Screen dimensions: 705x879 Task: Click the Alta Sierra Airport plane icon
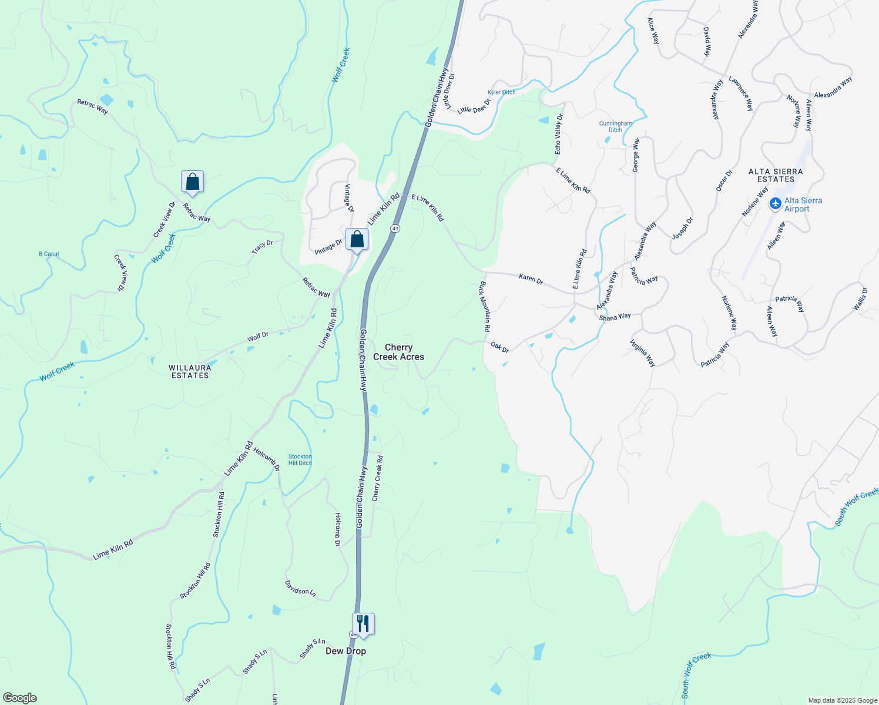tap(776, 204)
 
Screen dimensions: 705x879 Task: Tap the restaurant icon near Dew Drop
tap(363, 624)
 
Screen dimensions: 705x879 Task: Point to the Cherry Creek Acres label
tap(398, 352)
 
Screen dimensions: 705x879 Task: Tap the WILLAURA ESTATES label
tap(190, 371)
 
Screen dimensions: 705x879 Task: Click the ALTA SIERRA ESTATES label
tap(776, 175)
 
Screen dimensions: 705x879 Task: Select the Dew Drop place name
tap(345, 651)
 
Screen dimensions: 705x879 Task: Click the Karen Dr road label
tap(531, 278)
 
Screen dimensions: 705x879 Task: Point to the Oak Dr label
tap(499, 347)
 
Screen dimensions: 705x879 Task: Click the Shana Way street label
tap(615, 317)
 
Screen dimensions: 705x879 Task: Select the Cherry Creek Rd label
tap(377, 478)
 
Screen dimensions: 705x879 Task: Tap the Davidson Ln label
tap(300, 588)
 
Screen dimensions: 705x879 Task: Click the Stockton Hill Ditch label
tap(300, 459)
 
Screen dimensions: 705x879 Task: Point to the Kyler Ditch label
tap(501, 92)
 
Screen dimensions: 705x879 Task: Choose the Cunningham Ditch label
tap(615, 126)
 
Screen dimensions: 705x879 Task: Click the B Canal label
tap(49, 254)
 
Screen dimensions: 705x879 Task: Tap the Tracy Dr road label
tap(262, 247)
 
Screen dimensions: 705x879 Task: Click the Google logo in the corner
tap(20, 698)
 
